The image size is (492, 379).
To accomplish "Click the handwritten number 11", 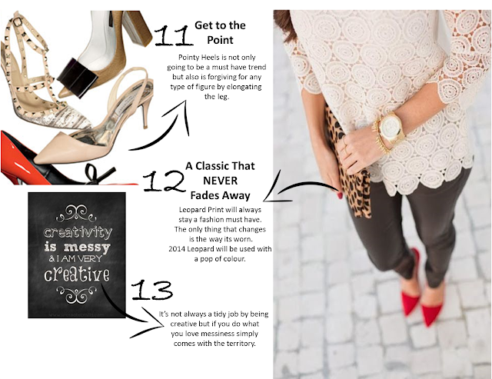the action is (x=174, y=36).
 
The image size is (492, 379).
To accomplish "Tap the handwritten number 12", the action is (x=165, y=181).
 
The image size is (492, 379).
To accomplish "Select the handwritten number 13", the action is (x=152, y=290).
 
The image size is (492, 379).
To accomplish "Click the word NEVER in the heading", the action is (x=221, y=181).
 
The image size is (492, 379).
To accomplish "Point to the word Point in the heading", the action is (x=220, y=40).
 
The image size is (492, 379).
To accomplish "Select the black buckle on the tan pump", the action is (x=78, y=77).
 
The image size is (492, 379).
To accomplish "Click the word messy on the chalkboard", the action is (x=87, y=248).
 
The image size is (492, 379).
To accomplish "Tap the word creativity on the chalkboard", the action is (x=78, y=232).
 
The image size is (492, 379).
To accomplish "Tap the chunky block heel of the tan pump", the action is (x=138, y=28).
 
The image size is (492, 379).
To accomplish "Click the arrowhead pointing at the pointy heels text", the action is (x=183, y=114).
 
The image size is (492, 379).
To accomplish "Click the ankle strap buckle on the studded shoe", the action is (x=17, y=22).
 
